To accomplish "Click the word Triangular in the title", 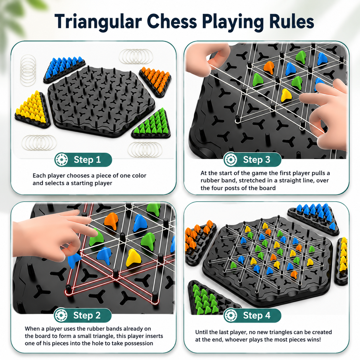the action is point(98,22).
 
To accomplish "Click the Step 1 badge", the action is point(83,160).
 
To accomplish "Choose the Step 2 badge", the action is point(83,316).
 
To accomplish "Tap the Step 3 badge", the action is point(253,160).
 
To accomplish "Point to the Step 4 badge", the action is point(253,316).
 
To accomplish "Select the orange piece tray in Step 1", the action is point(155,82).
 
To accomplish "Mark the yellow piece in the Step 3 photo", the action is point(286,95).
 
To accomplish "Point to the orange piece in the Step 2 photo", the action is point(111,221).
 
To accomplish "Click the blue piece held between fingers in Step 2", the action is point(74,260).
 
